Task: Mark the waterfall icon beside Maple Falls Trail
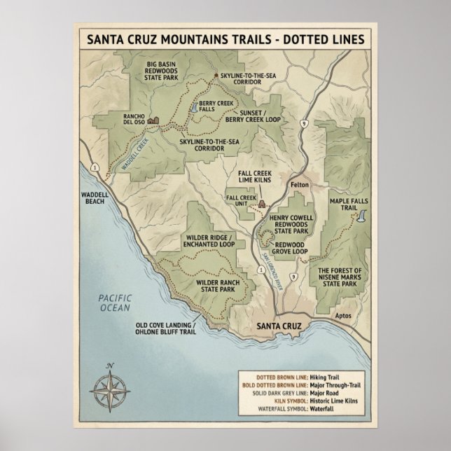point(361,218)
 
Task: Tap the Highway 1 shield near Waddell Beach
point(93,166)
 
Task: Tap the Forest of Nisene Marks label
point(338,277)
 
